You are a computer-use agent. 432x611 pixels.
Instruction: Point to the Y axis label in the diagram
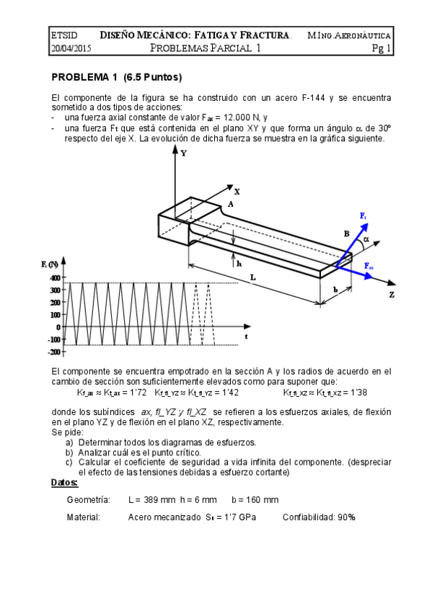tap(184, 153)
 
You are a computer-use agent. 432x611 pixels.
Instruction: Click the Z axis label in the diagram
tap(392, 295)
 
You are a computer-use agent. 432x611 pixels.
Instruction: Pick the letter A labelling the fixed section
tap(230, 204)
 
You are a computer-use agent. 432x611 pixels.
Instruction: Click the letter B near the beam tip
tap(346, 233)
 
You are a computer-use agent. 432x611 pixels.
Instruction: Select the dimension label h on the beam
tap(239, 264)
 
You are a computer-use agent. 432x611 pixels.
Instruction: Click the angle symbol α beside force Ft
tap(366, 238)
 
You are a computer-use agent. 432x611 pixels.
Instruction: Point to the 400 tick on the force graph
tap(55, 277)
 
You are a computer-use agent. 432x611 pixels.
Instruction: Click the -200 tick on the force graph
tap(54, 352)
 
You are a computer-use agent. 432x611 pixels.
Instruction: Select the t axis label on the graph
tap(245, 336)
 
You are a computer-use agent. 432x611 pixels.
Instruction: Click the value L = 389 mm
tap(157, 499)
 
